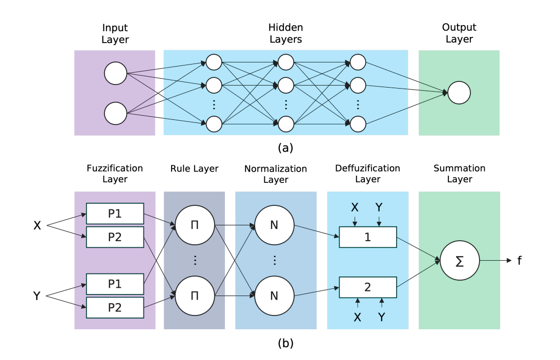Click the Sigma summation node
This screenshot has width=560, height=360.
coord(459,261)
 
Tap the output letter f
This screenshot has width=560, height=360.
coord(519,261)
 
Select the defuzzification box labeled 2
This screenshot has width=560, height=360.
coord(368,287)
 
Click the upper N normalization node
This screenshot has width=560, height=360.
coord(274,225)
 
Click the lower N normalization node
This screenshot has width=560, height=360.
coord(274,295)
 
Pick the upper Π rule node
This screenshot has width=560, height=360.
coord(194,225)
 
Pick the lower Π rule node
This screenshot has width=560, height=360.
coord(194,295)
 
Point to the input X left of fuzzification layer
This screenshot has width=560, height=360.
coord(37,225)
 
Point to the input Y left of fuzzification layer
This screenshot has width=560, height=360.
coord(37,295)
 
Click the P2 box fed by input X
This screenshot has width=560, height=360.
coord(115,237)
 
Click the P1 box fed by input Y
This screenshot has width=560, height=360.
coord(115,284)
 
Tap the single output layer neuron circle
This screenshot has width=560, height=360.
coord(459,93)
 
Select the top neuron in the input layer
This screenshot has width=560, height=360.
coord(115,74)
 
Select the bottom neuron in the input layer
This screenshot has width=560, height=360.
coord(115,113)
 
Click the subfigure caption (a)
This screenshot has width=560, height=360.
coord(285,148)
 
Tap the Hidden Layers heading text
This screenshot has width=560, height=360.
coord(285,33)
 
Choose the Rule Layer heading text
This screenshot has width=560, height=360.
coord(195,168)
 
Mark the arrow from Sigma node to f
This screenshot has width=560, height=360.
coord(494,261)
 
